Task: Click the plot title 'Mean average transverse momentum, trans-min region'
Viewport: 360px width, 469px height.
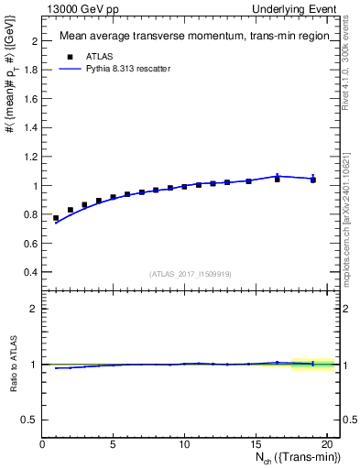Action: click(x=188, y=37)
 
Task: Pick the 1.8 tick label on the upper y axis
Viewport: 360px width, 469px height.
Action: click(x=31, y=71)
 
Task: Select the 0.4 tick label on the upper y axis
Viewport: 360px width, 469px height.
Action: click(x=31, y=272)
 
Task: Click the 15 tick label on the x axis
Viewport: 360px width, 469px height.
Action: click(x=255, y=445)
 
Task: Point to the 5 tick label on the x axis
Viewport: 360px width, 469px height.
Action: click(x=113, y=445)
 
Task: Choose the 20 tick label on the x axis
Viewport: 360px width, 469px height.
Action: click(x=325, y=445)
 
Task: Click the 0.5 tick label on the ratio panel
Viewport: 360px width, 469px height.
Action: click(x=31, y=420)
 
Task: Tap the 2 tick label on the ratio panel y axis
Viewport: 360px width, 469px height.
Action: click(x=35, y=309)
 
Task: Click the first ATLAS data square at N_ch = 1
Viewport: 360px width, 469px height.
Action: click(x=56, y=218)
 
